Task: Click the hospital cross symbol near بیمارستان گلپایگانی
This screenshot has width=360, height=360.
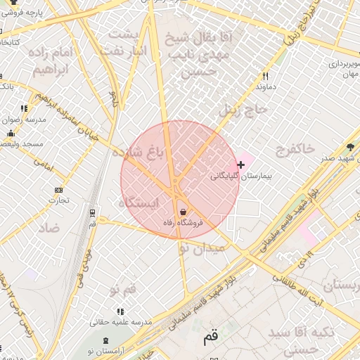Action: click(x=241, y=165)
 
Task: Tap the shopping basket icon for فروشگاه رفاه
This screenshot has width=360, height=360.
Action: click(x=184, y=212)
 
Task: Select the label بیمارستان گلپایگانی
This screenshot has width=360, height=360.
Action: click(x=237, y=175)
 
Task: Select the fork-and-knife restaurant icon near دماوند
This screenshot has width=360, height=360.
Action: click(x=265, y=76)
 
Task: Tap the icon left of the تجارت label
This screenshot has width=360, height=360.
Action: click(x=58, y=190)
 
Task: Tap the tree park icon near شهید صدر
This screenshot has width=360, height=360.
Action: click(x=350, y=147)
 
